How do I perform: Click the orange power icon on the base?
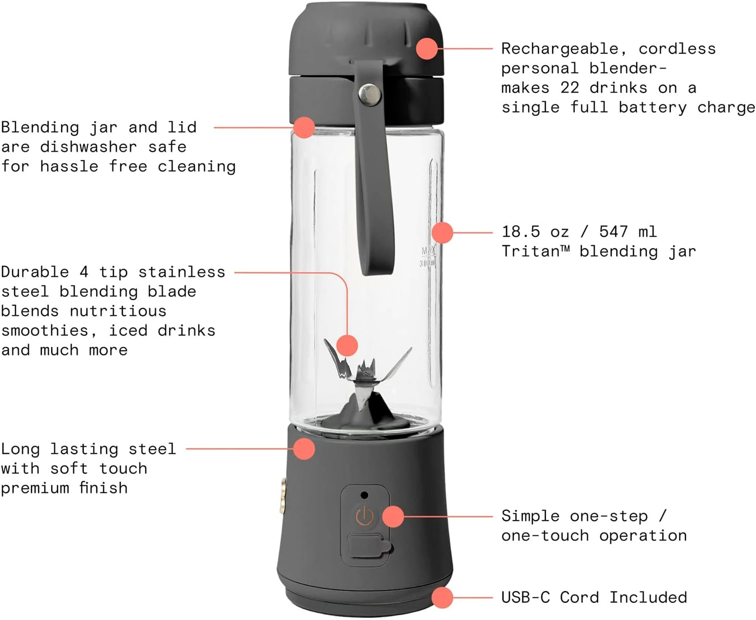point(364,516)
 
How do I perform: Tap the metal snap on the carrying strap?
point(370,95)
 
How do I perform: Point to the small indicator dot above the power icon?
point(364,495)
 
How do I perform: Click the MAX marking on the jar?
point(428,251)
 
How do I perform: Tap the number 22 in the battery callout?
point(569,88)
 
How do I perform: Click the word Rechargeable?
point(559,49)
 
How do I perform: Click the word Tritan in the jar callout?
point(531,251)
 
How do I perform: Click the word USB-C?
point(525,597)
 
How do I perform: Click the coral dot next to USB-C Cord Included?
point(442,597)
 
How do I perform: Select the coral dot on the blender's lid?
point(427,48)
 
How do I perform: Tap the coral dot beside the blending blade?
point(347,345)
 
